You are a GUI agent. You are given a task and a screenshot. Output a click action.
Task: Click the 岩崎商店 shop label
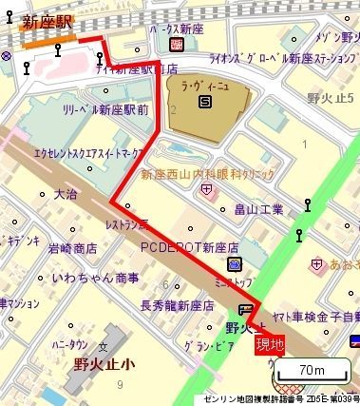tap(73, 249)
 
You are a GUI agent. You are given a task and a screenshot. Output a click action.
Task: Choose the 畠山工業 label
tap(259, 208)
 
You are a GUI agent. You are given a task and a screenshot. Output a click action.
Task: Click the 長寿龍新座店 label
tap(178, 306)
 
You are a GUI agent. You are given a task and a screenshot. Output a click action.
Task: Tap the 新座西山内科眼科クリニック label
tap(207, 174)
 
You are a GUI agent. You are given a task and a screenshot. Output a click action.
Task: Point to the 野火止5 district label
tap(331, 100)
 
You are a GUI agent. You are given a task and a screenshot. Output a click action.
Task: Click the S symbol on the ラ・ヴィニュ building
tap(207, 105)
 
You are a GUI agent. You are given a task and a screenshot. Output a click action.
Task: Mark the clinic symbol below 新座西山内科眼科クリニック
tap(207, 190)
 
